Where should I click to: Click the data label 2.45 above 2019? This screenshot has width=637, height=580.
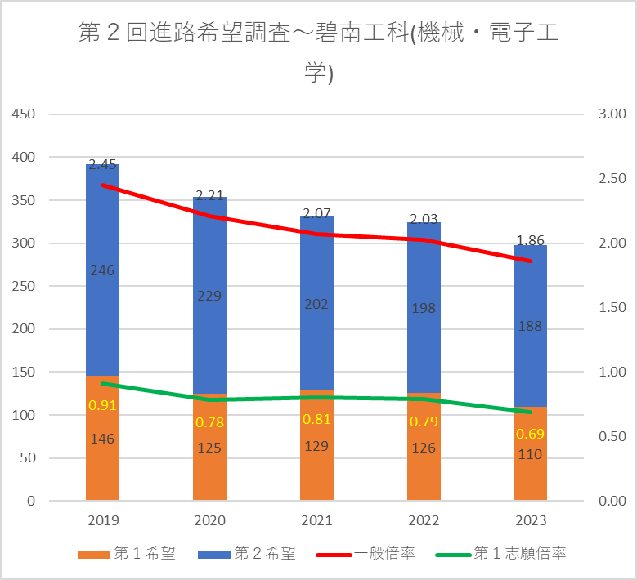tap(102, 164)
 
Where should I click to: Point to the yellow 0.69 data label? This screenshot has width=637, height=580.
tap(530, 434)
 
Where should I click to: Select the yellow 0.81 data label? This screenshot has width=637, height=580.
tap(316, 419)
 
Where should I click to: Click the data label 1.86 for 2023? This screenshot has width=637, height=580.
tap(530, 240)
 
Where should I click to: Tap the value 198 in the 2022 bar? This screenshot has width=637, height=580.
tap(424, 308)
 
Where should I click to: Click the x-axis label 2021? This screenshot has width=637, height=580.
tap(316, 521)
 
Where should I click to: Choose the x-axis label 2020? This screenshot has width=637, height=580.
tap(209, 521)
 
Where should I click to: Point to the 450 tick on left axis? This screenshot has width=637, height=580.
tap(24, 114)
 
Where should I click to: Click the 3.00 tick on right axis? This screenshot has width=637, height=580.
tap(612, 114)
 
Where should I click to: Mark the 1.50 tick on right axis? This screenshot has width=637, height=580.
tap(612, 308)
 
